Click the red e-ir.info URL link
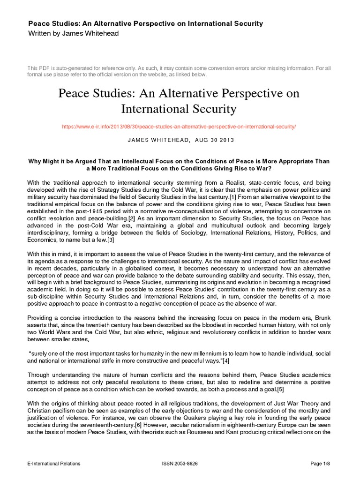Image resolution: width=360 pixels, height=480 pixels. [180, 127]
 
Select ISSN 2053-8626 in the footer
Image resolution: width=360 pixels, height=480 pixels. [180, 464]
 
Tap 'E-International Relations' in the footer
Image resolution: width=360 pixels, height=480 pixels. [54, 464]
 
